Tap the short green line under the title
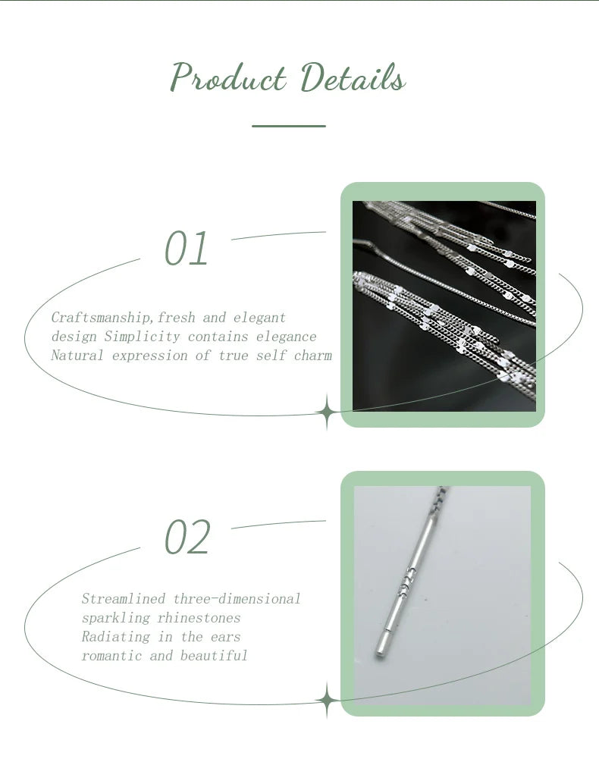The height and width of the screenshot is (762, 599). (x=289, y=126)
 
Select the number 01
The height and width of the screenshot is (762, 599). (x=187, y=249)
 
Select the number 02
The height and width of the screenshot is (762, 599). (x=187, y=537)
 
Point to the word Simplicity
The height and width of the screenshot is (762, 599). (x=143, y=337)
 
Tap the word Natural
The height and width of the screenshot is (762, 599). (x=77, y=356)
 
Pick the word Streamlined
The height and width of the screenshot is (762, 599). (x=124, y=598)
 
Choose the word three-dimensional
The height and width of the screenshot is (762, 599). (x=237, y=598)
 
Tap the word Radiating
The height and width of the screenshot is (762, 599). (x=115, y=637)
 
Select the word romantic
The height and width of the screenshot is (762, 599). (x=111, y=656)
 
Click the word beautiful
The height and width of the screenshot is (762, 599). (x=214, y=656)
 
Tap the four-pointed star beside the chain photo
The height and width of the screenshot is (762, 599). (x=327, y=413)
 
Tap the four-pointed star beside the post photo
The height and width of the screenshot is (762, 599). (x=327, y=701)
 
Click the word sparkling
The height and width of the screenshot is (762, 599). (x=115, y=618)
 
